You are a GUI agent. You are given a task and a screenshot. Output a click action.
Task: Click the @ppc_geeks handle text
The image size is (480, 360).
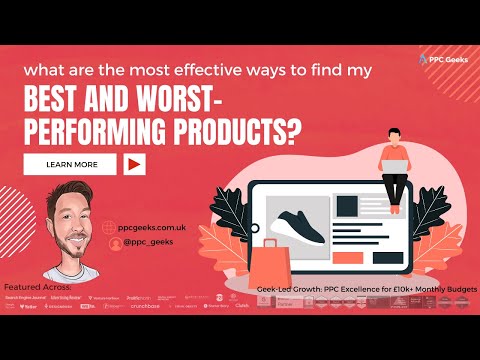[147, 243]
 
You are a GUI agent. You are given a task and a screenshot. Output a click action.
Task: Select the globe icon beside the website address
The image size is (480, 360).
[108, 226]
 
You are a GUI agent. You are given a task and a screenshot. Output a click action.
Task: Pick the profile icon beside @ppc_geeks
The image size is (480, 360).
[108, 243]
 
